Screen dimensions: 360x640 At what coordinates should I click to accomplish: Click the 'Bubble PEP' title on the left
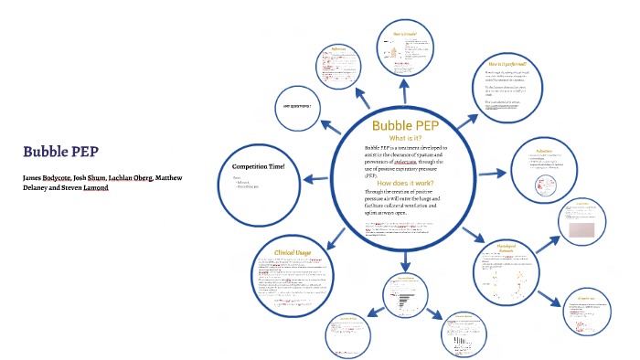coord(62,152)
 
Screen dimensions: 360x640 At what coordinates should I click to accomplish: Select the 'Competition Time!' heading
coord(259,165)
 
